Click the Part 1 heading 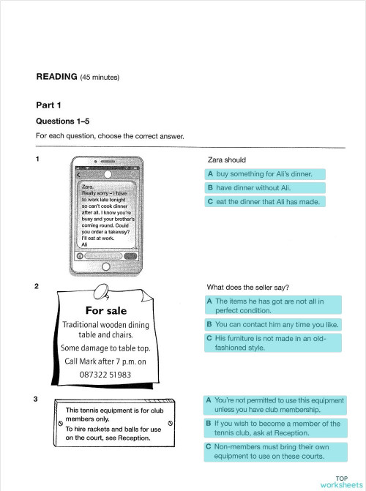(x=49, y=105)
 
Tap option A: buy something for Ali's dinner (x=264, y=174)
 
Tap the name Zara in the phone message (x=88, y=187)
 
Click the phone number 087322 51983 (x=105, y=374)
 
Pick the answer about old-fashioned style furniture (x=272, y=343)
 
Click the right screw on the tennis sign (x=171, y=423)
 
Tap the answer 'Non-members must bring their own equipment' (x=274, y=451)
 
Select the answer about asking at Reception (x=274, y=428)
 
